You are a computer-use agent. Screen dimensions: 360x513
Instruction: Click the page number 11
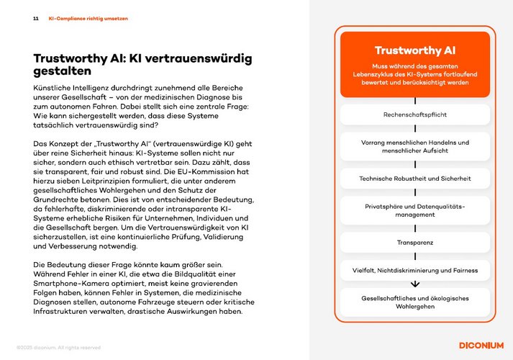pyautogui.click(x=36, y=19)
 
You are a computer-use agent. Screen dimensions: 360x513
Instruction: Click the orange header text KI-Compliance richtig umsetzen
pyautogui.click(x=88, y=19)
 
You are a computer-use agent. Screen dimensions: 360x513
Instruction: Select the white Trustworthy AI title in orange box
pyautogui.click(x=414, y=50)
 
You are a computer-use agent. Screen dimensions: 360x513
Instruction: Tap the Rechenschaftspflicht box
pyautogui.click(x=414, y=114)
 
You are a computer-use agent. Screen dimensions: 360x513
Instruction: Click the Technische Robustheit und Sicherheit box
pyautogui.click(x=414, y=178)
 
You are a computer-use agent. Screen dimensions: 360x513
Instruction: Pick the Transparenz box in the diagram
pyautogui.click(x=414, y=243)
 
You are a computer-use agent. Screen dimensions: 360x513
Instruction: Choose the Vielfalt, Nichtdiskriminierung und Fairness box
pyautogui.click(x=414, y=271)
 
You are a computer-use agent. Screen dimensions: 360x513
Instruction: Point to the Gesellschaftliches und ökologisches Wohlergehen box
pyautogui.click(x=414, y=303)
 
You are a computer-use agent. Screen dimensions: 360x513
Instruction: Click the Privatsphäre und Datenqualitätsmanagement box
pyautogui.click(x=414, y=210)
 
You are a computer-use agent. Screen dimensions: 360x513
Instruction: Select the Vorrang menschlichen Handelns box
pyautogui.click(x=414, y=147)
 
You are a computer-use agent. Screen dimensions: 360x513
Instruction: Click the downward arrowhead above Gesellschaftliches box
pyautogui.click(x=414, y=284)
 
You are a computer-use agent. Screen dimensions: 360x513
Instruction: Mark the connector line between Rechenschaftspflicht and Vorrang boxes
pyautogui.click(x=414, y=129)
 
